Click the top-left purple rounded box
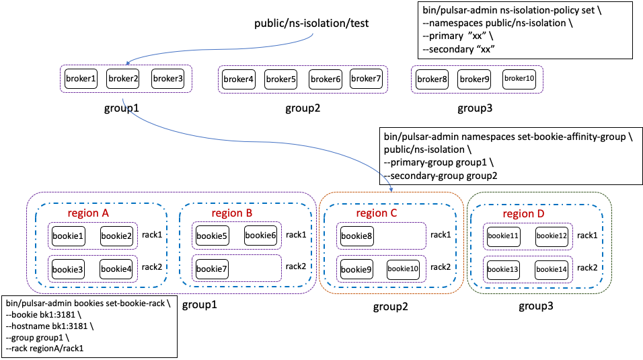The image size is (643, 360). pyautogui.click(x=126, y=79)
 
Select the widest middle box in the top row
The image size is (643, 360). pyautogui.click(x=303, y=79)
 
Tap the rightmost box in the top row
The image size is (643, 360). pyautogui.click(x=477, y=79)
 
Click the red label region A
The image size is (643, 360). pyautogui.click(x=88, y=213)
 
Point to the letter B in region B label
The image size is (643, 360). pyautogui.click(x=249, y=213)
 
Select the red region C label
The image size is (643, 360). pyautogui.click(x=377, y=213)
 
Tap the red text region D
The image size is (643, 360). pyautogui.click(x=523, y=214)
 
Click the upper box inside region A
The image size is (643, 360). pyautogui.click(x=93, y=236)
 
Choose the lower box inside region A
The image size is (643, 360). pyautogui.click(x=93, y=268)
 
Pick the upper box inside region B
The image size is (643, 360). pyautogui.click(x=237, y=236)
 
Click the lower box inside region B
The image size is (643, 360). pyautogui.click(x=237, y=268)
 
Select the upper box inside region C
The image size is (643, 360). pyautogui.click(x=381, y=236)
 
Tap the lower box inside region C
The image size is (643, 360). pyautogui.click(x=381, y=268)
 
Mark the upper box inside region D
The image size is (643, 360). pyautogui.click(x=528, y=236)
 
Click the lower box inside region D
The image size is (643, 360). pyautogui.click(x=528, y=269)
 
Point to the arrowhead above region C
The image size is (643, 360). pyautogui.click(x=391, y=188)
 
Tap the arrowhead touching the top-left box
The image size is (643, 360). pyautogui.click(x=128, y=63)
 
